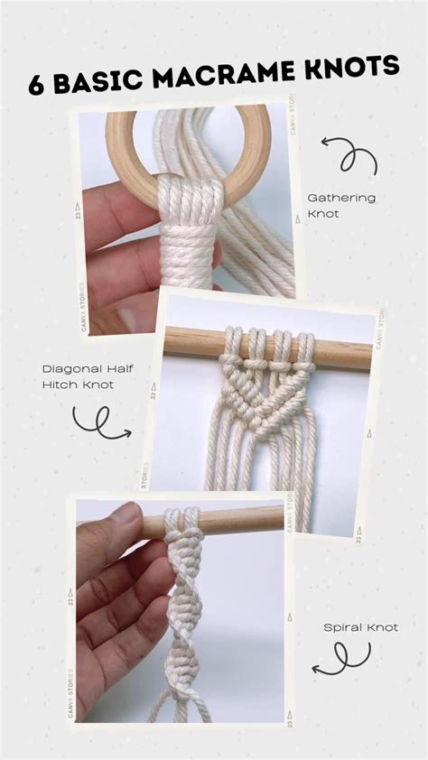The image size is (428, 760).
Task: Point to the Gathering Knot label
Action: point(341,205)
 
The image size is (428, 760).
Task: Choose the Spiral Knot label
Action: point(361,626)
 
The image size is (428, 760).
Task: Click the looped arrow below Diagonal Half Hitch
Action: point(99,422)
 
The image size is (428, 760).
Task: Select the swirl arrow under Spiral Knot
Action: point(343,657)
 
